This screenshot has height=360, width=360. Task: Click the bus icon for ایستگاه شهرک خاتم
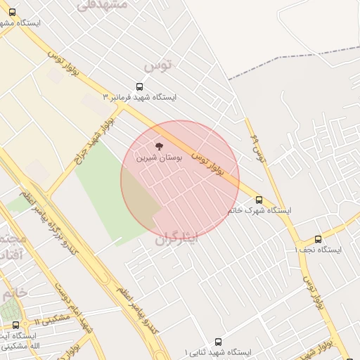click(259, 199)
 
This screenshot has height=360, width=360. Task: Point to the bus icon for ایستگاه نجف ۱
click(318, 239)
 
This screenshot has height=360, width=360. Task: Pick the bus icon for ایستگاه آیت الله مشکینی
click(16, 325)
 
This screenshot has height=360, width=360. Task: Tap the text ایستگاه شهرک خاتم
click(259, 210)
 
